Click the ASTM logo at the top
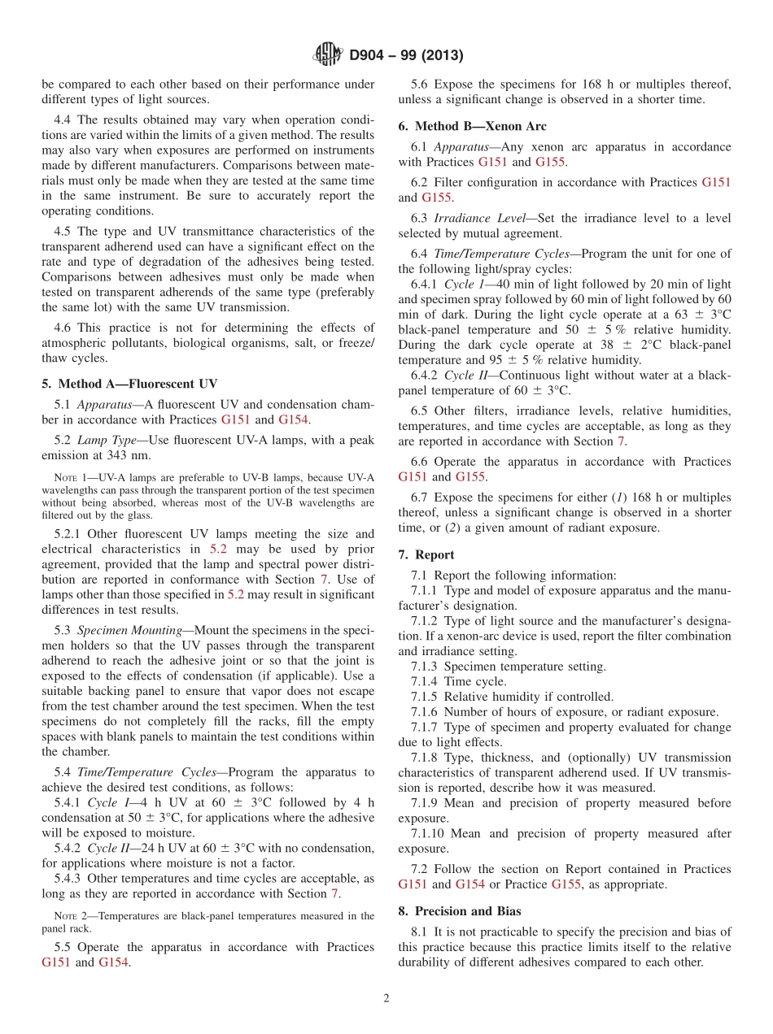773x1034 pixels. (x=328, y=55)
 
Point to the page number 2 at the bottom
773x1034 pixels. (x=386, y=998)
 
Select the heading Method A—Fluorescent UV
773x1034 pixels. (x=129, y=384)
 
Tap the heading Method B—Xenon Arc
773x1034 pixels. (x=472, y=126)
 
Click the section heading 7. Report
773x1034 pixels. (x=426, y=554)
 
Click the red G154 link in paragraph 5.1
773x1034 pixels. (x=294, y=419)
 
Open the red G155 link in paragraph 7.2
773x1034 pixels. (x=566, y=884)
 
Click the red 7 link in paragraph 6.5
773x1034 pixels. (x=621, y=441)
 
